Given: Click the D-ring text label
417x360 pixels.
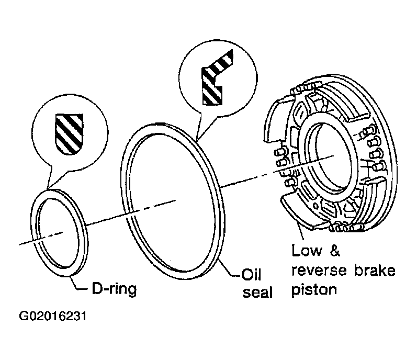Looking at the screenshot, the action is [x=114, y=289].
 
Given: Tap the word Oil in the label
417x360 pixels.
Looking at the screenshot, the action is [x=251, y=274].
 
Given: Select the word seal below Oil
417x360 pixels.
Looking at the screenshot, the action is [x=258, y=292].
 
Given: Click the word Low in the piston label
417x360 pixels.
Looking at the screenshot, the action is [x=307, y=251].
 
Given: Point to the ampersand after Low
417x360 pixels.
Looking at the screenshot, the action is [x=335, y=251].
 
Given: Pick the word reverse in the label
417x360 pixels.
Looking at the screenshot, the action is [x=319, y=271].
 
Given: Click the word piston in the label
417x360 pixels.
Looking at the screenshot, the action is [x=314, y=289].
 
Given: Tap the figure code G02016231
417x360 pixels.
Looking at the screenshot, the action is [x=53, y=316].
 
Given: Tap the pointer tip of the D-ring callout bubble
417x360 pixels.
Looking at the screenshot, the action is [x=47, y=188].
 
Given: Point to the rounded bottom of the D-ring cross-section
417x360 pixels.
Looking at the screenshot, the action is [x=69, y=150].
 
